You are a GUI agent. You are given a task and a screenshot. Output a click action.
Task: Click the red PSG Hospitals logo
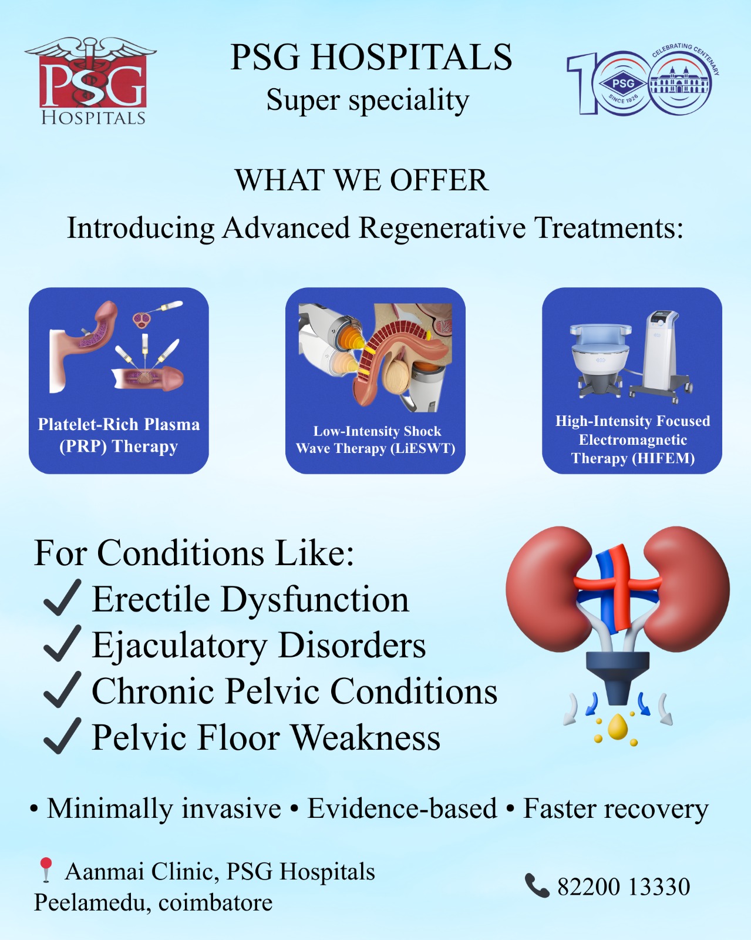(x=91, y=81)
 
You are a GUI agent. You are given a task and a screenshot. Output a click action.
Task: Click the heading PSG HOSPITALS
(x=371, y=57)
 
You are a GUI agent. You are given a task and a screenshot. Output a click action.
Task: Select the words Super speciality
(x=368, y=100)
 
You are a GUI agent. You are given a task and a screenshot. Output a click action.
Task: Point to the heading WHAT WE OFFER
(x=362, y=180)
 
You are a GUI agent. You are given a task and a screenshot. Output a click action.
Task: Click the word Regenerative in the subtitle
(x=442, y=228)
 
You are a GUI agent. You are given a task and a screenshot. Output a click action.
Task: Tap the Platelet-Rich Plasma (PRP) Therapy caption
(x=119, y=435)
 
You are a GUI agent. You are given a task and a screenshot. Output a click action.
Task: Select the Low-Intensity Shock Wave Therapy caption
(x=376, y=439)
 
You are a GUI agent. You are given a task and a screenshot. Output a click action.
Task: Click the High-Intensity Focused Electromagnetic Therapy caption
(x=632, y=439)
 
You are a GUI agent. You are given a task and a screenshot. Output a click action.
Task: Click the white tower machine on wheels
(x=661, y=355)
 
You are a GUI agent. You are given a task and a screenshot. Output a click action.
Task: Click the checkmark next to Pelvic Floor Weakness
(x=62, y=736)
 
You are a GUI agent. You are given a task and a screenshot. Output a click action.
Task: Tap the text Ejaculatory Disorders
(x=259, y=646)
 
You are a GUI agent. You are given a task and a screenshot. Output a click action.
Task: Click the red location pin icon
(x=45, y=869)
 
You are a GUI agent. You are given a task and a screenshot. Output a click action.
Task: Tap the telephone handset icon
(x=537, y=886)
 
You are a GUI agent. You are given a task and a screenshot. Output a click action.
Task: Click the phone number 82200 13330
(x=624, y=887)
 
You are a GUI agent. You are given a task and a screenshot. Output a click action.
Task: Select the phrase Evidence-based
(x=402, y=808)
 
